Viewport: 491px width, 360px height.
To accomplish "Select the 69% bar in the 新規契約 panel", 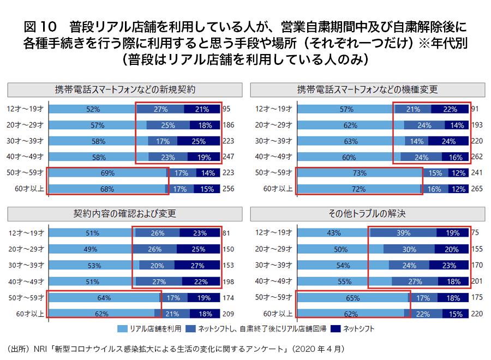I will [107, 173].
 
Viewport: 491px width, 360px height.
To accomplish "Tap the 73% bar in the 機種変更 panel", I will [360, 173].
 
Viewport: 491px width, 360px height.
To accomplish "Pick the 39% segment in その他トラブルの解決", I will [404, 233].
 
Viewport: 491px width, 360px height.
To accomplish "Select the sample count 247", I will [229, 157].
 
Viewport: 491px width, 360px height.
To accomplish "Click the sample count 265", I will [477, 189].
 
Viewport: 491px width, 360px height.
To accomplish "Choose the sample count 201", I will [477, 281].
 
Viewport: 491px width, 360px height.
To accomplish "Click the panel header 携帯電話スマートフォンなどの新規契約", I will [125, 89].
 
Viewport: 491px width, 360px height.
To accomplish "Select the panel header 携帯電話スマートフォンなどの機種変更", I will [368, 89].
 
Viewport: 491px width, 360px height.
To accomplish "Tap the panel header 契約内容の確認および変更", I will [125, 213].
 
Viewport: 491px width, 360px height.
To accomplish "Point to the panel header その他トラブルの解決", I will [368, 213].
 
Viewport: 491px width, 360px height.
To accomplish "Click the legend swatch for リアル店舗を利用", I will [122, 329].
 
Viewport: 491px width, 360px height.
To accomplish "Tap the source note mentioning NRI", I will [175, 348].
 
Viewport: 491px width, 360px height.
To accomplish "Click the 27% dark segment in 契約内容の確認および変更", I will [197, 266].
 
